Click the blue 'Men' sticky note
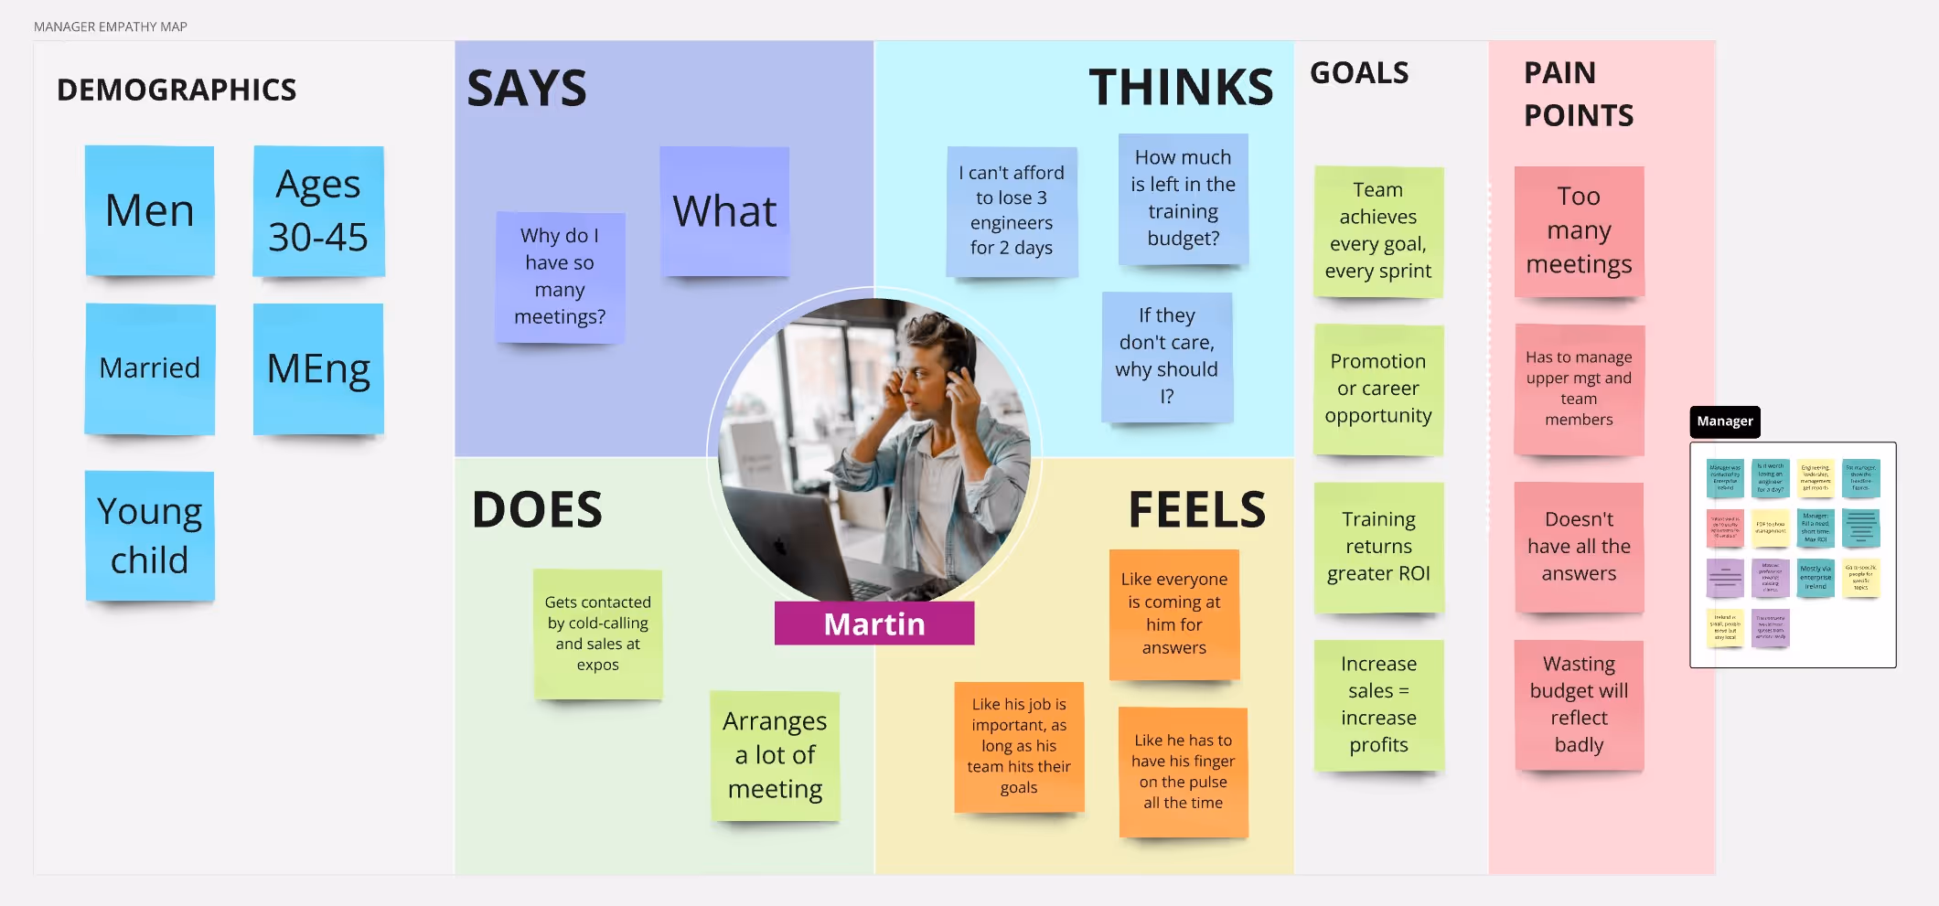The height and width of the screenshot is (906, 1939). [x=150, y=211]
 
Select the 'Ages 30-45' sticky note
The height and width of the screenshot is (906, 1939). [x=318, y=211]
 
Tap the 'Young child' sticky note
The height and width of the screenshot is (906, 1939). [x=150, y=536]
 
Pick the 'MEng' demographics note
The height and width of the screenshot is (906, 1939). [x=318, y=368]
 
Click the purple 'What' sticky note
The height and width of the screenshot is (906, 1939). [x=724, y=211]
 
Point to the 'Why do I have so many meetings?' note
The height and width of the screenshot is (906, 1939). [x=560, y=277]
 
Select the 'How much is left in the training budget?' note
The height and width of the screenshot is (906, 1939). [x=1183, y=198]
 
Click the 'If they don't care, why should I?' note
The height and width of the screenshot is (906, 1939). [x=1167, y=357]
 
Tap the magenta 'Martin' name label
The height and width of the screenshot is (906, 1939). [x=874, y=624]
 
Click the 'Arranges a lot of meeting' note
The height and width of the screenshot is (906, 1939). [x=775, y=755]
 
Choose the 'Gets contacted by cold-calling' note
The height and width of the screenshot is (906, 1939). [x=598, y=634]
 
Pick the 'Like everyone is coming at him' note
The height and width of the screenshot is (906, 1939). [x=1174, y=613]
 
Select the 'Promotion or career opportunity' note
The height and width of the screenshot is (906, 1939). [x=1378, y=389]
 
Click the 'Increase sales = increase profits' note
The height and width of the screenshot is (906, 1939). [x=1378, y=705]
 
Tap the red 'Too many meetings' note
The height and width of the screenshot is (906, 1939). [x=1579, y=231]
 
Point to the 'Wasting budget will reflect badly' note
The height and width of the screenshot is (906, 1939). [x=1579, y=705]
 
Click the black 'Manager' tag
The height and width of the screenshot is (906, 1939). [x=1724, y=421]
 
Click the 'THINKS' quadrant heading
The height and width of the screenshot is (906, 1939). [x=1181, y=89]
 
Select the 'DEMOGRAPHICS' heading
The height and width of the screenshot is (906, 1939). [x=177, y=91]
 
